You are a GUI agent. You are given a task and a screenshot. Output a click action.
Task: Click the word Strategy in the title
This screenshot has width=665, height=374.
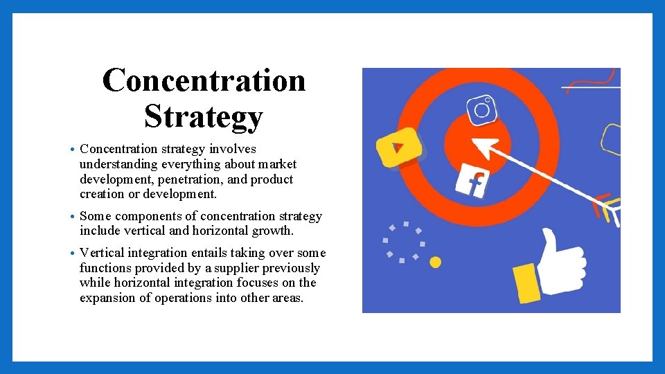pyautogui.click(x=204, y=116)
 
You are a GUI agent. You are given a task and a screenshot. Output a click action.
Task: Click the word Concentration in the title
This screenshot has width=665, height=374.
pyautogui.click(x=204, y=80)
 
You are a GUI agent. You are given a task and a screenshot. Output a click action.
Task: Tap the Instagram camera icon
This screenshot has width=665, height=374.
pyautogui.click(x=481, y=109)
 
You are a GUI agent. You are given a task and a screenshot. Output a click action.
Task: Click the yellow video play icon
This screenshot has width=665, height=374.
pyautogui.click(x=398, y=147)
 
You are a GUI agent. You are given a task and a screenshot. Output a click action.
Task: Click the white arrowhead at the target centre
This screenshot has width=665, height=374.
pyautogui.click(x=484, y=148)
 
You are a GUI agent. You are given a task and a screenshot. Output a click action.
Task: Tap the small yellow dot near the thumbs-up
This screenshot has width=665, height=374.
pyautogui.click(x=435, y=262)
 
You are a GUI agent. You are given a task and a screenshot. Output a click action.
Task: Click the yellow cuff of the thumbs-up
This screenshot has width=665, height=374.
pyautogui.click(x=526, y=283)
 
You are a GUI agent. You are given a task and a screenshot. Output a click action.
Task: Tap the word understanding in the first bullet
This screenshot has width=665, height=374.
pyautogui.click(x=118, y=164)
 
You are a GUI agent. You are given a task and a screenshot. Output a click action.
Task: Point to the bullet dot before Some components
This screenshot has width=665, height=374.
pyautogui.click(x=73, y=217)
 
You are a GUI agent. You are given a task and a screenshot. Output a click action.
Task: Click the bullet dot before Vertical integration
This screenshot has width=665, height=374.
pyautogui.click(x=73, y=253)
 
